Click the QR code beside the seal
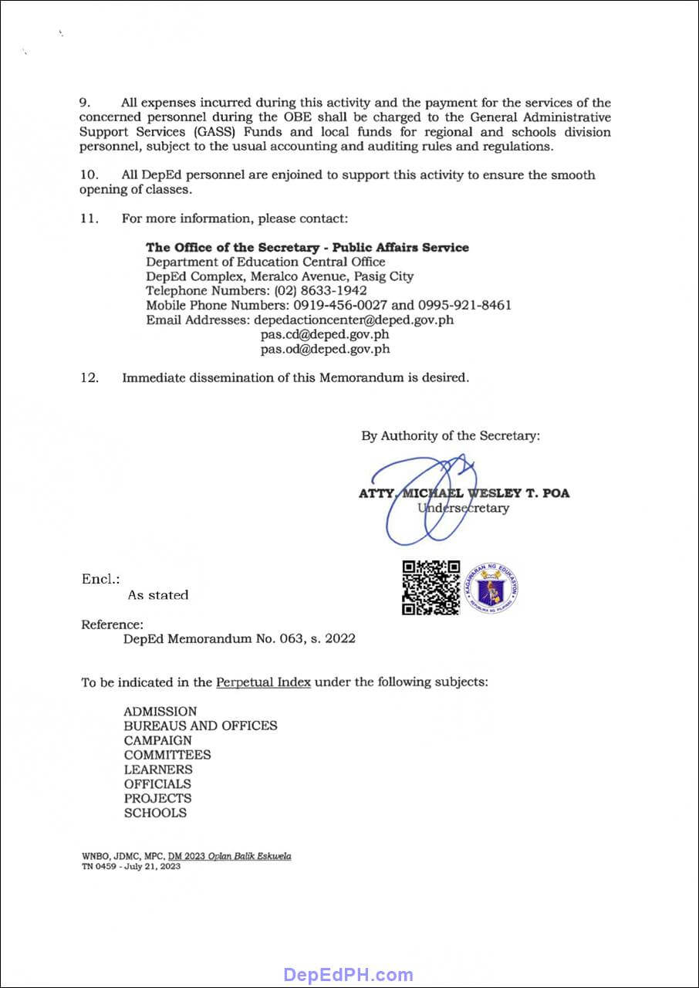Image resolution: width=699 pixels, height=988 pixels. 431,587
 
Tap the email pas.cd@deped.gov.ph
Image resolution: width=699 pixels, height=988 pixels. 325,334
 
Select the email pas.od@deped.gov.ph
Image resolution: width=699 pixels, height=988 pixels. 325,349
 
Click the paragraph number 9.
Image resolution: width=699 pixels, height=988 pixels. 85,103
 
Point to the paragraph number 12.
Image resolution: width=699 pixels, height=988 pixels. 89,378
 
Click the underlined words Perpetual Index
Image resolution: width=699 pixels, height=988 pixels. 263,683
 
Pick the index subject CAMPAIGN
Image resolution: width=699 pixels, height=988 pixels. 158,740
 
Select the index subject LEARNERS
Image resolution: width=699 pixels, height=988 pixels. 158,770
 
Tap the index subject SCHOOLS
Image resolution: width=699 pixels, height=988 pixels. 155,813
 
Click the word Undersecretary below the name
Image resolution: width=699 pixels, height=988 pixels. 463,508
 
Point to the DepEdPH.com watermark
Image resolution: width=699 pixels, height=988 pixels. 349,974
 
